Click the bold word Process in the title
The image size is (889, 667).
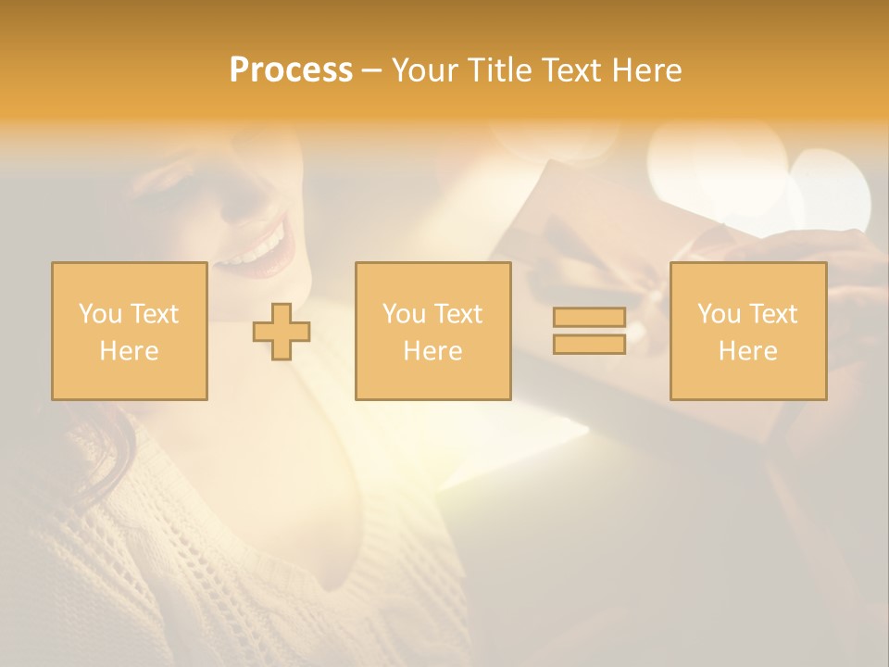tap(291, 70)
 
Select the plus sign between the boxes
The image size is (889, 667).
tap(282, 332)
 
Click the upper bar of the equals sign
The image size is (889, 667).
tap(589, 318)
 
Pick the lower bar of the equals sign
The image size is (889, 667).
tap(589, 344)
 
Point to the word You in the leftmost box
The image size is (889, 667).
tap(99, 314)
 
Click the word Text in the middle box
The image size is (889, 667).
tap(458, 314)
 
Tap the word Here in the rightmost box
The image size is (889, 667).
tap(747, 351)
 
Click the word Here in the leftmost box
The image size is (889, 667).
tap(130, 351)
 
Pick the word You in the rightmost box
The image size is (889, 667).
tap(718, 314)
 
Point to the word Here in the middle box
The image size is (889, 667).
tap(432, 351)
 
